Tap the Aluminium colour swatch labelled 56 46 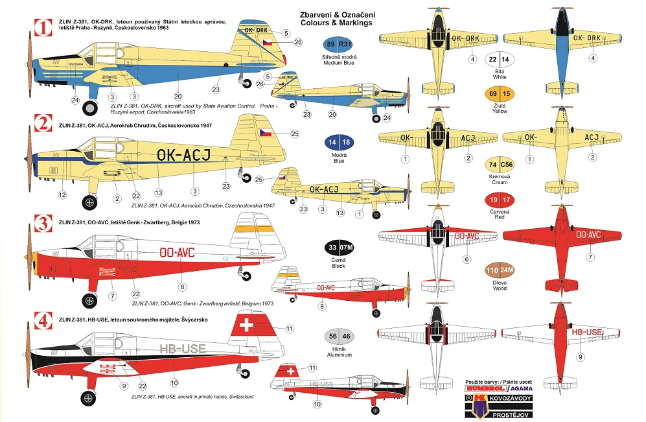tap(338, 336)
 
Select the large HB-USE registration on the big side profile tap(183, 349)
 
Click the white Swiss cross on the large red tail tap(247, 325)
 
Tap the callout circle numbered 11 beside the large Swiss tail tap(290, 329)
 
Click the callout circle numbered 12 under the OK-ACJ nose tap(63, 194)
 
